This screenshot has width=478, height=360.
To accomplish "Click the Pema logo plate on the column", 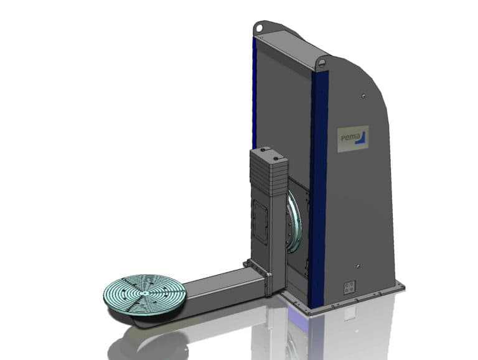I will point(353,139).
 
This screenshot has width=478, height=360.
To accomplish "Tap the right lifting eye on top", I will point(322,63).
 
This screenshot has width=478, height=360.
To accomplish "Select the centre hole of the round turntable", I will point(143,291).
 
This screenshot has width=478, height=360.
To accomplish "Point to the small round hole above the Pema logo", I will point(362,96).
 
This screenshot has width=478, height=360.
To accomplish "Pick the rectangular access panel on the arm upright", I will point(260,221).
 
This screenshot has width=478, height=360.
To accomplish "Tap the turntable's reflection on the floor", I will point(146,339).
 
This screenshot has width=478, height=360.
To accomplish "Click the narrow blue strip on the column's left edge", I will point(254,93).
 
